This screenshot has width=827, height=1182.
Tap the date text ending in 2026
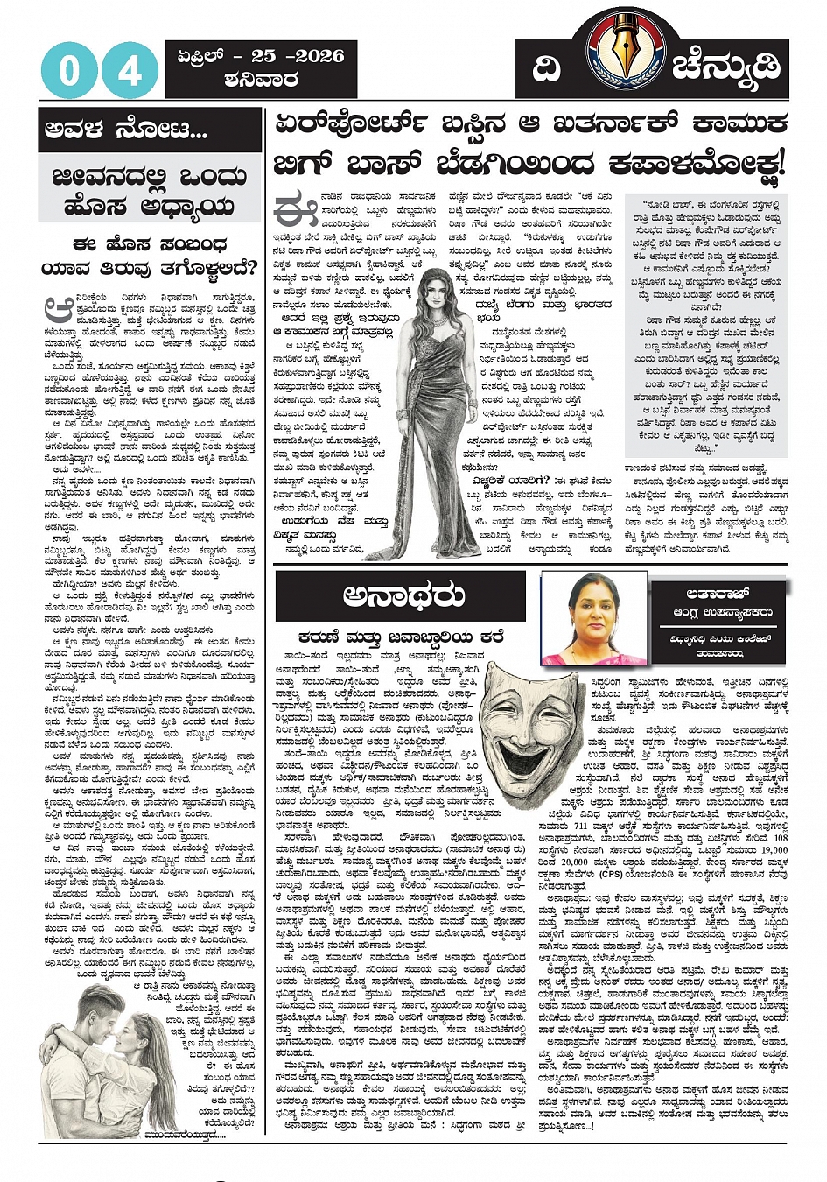[261, 56]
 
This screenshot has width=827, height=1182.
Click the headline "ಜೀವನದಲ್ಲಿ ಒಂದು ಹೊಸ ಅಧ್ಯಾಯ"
[150, 191]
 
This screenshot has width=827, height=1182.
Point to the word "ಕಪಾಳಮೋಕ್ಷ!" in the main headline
[685, 164]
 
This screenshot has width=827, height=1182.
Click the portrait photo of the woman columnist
[595, 618]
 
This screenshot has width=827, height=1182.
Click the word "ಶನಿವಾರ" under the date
[261, 81]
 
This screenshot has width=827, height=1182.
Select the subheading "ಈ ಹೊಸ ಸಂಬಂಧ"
[150, 243]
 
